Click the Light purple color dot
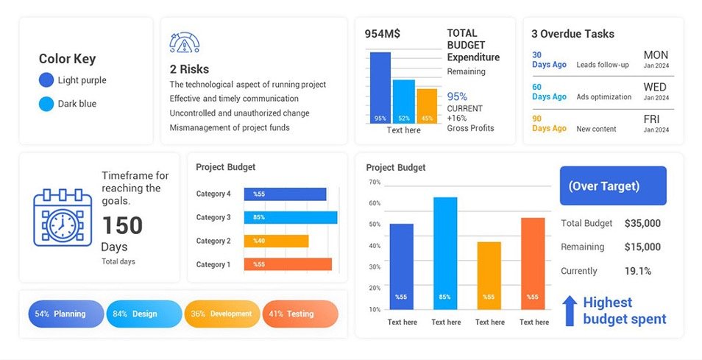click(46, 80)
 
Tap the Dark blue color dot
click(46, 104)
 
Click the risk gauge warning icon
click(185, 43)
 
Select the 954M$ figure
click(383, 34)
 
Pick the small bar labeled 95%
click(380, 87)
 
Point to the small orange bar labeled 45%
click(427, 105)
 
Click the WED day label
click(654, 87)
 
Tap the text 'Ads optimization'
click(603, 96)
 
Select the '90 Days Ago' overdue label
click(548, 123)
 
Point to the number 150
click(122, 225)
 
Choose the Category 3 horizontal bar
click(291, 217)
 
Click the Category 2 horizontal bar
click(276, 241)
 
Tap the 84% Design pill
click(143, 314)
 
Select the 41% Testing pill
click(299, 314)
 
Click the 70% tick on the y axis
click(375, 182)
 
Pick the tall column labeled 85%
click(445, 253)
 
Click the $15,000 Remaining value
click(642, 247)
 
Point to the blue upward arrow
click(569, 311)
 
